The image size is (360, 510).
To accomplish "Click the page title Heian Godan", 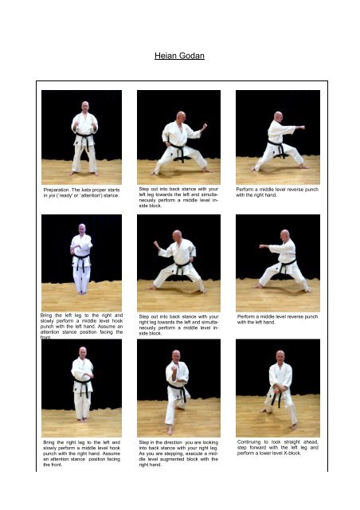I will (179, 56).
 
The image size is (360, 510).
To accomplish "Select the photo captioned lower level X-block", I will (277, 385).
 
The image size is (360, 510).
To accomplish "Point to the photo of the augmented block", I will (176, 385).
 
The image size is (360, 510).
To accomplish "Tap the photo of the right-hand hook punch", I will (81, 385).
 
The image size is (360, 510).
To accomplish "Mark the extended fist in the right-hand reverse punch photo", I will (301, 127).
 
